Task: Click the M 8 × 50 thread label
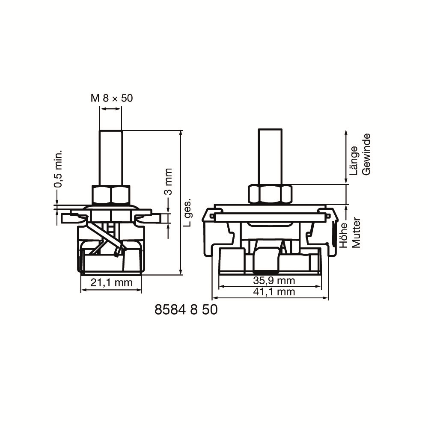pos(111,98)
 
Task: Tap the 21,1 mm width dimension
pos(110,282)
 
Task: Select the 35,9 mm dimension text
pos(274,281)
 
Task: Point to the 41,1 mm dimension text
pos(274,292)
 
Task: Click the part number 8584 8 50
pos(186,309)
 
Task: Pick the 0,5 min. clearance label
pos(58,169)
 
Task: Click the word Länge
pos(354,160)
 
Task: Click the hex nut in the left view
pos(111,195)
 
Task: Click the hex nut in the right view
pos(270,193)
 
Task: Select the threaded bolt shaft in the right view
pos(270,156)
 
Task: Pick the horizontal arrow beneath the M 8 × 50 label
pos(110,110)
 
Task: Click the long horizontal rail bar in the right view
pos(270,217)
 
